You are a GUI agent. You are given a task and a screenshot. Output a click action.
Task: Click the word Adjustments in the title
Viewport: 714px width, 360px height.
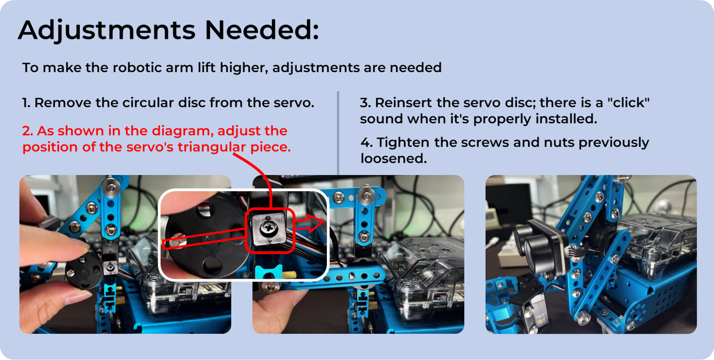click(x=107, y=31)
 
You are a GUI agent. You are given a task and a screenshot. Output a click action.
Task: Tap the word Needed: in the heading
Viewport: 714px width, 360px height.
click(x=262, y=30)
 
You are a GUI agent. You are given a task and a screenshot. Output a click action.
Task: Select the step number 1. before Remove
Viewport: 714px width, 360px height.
click(x=26, y=103)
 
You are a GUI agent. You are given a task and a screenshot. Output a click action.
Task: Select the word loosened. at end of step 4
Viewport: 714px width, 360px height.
click(x=394, y=158)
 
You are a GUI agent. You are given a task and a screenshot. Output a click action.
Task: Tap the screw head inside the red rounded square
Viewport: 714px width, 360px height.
click(x=267, y=228)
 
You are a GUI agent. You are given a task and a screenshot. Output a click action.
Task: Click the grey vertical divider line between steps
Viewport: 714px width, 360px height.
click(x=338, y=133)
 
